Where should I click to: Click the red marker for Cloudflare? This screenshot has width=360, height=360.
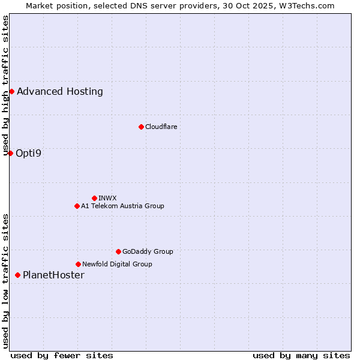(x=141, y=127)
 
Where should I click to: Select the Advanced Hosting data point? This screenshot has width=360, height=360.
(x=11, y=91)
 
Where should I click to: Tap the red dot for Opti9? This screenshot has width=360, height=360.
(x=10, y=153)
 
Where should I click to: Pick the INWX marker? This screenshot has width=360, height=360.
(x=94, y=198)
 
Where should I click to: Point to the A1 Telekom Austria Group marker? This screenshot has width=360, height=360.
(x=77, y=206)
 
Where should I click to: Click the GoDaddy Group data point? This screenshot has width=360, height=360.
(x=118, y=251)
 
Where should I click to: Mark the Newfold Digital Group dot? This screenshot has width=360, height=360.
(x=78, y=264)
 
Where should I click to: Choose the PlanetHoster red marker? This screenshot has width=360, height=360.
(x=17, y=275)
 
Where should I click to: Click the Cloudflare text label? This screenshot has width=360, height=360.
(x=161, y=127)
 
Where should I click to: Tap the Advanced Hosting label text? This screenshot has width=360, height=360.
(x=60, y=91)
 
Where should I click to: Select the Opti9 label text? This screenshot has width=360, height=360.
(x=29, y=153)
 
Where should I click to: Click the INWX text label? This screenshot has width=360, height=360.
(x=107, y=198)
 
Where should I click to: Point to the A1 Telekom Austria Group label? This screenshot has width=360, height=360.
(x=122, y=206)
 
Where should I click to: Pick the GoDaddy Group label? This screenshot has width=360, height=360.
(x=148, y=251)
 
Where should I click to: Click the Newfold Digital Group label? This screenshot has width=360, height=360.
(x=117, y=264)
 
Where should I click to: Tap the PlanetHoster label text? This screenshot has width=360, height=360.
(x=53, y=275)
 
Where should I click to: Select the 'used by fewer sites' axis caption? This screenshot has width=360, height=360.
(x=62, y=355)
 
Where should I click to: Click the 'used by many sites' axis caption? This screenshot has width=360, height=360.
(x=301, y=355)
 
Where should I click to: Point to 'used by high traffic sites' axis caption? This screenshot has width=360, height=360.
(x=5, y=85)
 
